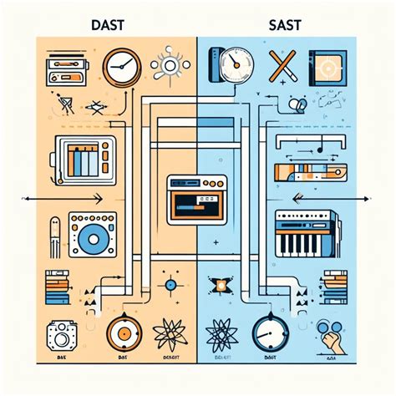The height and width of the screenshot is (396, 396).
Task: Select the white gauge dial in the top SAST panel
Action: click(x=236, y=63)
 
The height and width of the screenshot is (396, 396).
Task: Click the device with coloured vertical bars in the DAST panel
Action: click(x=81, y=160)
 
